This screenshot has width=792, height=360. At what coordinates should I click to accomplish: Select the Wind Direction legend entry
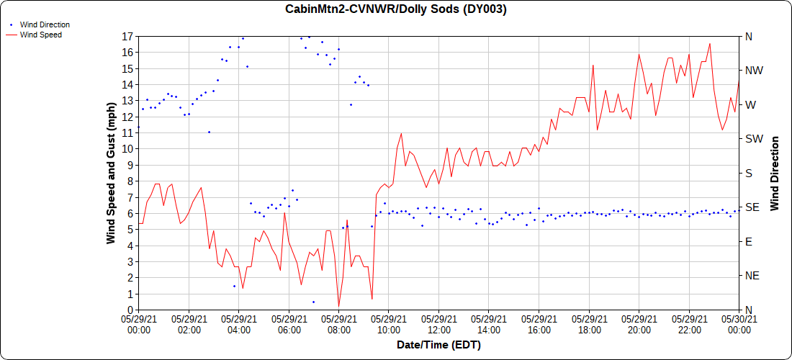[45, 24]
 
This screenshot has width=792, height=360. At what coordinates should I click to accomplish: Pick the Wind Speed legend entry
[40, 35]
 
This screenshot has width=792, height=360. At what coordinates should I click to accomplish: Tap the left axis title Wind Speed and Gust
[111, 173]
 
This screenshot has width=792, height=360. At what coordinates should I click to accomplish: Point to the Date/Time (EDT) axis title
[438, 345]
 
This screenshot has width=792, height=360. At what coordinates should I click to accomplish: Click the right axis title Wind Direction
[775, 173]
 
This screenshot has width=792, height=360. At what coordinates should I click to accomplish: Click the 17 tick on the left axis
[127, 36]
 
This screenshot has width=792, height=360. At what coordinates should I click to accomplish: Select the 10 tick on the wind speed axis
[127, 149]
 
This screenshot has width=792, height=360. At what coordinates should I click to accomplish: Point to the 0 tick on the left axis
[130, 310]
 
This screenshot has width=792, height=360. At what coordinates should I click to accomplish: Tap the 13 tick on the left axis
[127, 101]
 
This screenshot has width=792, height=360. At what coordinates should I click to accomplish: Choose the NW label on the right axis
[754, 71]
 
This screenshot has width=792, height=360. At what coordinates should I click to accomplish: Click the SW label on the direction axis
[754, 139]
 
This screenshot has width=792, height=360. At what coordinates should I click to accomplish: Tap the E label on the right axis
[749, 242]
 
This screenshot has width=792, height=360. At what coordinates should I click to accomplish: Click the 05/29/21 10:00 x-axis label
[389, 324]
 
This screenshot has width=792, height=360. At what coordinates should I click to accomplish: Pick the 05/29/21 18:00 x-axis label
[589, 324]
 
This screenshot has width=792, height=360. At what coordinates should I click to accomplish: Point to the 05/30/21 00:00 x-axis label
[739, 324]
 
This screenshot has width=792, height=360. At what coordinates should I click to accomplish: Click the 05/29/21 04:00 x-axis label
[238, 324]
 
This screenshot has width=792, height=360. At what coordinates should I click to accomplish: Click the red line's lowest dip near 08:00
[338, 306]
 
